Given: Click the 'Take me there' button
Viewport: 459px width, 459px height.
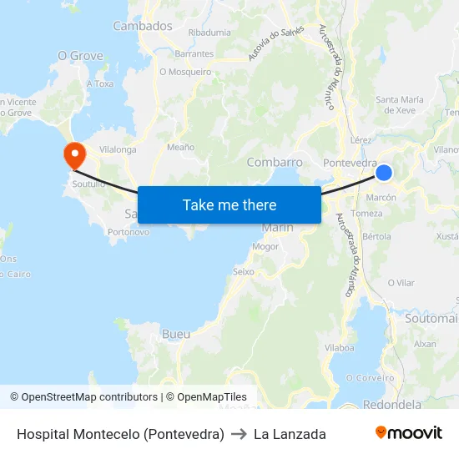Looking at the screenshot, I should click(229, 204).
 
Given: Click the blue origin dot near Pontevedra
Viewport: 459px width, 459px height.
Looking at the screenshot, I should click(383, 173).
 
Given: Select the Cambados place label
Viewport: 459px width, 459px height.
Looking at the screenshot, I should click(143, 26).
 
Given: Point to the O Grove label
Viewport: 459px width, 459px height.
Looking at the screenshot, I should click(79, 56).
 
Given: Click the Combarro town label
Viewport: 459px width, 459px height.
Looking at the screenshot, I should click(275, 162).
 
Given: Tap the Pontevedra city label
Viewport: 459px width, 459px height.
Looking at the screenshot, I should click(350, 163).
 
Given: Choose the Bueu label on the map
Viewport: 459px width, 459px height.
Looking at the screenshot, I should click(176, 334).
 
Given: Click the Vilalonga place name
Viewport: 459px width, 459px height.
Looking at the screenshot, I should click(118, 149).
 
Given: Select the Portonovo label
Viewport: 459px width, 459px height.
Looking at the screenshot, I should click(129, 232).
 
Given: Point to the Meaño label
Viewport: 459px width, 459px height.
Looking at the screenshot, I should click(181, 147).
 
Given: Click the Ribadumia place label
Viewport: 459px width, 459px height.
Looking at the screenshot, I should click(209, 33).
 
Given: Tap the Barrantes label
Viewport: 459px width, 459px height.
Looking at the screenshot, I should click(194, 53).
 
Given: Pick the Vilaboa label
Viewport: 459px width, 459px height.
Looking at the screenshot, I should click(340, 347).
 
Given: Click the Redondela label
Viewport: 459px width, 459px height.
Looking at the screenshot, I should click(392, 404).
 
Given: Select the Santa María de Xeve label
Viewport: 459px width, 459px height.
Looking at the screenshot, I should click(400, 104).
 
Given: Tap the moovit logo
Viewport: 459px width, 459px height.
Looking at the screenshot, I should click(408, 433).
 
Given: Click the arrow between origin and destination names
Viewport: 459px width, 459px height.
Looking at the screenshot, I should click(239, 434).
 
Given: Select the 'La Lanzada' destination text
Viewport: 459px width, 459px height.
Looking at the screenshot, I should click(290, 434).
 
